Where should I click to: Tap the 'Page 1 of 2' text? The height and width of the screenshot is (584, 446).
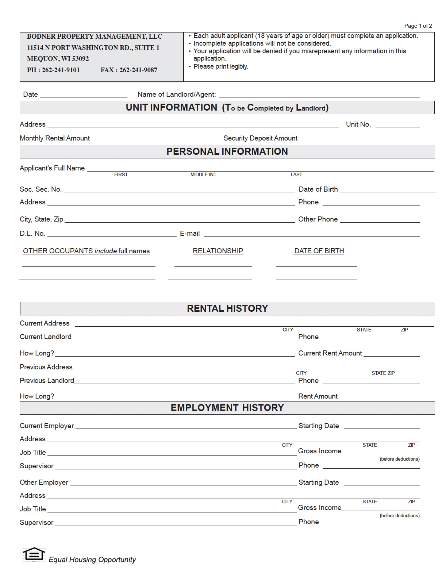(x=418, y=26)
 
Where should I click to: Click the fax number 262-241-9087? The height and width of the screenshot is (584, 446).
(x=138, y=70)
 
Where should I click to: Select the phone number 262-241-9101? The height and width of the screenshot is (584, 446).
(x=61, y=70)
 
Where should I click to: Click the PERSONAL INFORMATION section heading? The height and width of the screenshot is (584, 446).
(x=227, y=151)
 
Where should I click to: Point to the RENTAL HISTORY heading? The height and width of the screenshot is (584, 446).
(x=227, y=308)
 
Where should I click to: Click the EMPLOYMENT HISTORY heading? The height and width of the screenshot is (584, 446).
(x=227, y=408)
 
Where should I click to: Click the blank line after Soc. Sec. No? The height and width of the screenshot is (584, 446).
(x=179, y=190)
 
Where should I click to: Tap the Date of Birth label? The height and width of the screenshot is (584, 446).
(x=318, y=189)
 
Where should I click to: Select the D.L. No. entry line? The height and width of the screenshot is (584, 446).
(x=112, y=234)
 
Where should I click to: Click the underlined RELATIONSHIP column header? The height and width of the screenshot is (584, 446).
(x=218, y=251)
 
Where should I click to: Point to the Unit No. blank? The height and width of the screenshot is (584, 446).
(x=397, y=125)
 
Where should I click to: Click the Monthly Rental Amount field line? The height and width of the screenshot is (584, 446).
(x=156, y=139)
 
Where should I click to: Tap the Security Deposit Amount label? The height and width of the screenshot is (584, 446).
(x=260, y=138)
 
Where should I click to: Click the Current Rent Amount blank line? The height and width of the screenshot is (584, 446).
(x=392, y=354)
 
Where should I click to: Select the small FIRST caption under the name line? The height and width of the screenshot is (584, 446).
(x=121, y=175)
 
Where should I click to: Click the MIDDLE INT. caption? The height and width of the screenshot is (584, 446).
(x=203, y=175)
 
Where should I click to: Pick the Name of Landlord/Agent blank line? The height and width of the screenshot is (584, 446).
(x=319, y=95)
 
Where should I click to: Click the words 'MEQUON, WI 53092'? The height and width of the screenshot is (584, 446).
(x=58, y=59)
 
